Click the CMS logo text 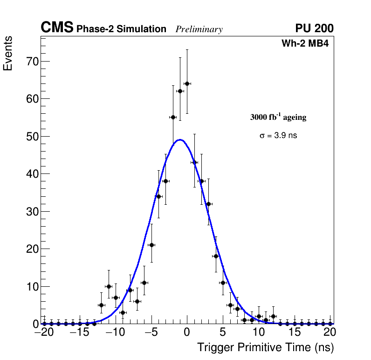pyautogui.click(x=57, y=28)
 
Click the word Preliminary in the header pyautogui.click(x=199, y=29)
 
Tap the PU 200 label pyautogui.click(x=314, y=28)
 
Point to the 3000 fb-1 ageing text pyautogui.click(x=278, y=117)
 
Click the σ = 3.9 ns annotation pyautogui.click(x=278, y=136)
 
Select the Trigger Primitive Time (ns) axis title pyautogui.click(x=265, y=347)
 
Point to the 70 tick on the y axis pyautogui.click(x=31, y=62)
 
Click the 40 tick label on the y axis pyautogui.click(x=31, y=174)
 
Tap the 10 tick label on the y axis pyautogui.click(x=31, y=286)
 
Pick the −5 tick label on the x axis pyautogui.click(x=151, y=332)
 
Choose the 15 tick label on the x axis pyautogui.click(x=294, y=332)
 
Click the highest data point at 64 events pyautogui.click(x=187, y=83)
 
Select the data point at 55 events pyautogui.click(x=173, y=117)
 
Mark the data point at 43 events pyautogui.click(x=194, y=162)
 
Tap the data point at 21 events pyautogui.click(x=151, y=245)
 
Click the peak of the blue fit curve pyautogui.click(x=180, y=139)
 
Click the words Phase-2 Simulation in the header pyautogui.click(x=121, y=29)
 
